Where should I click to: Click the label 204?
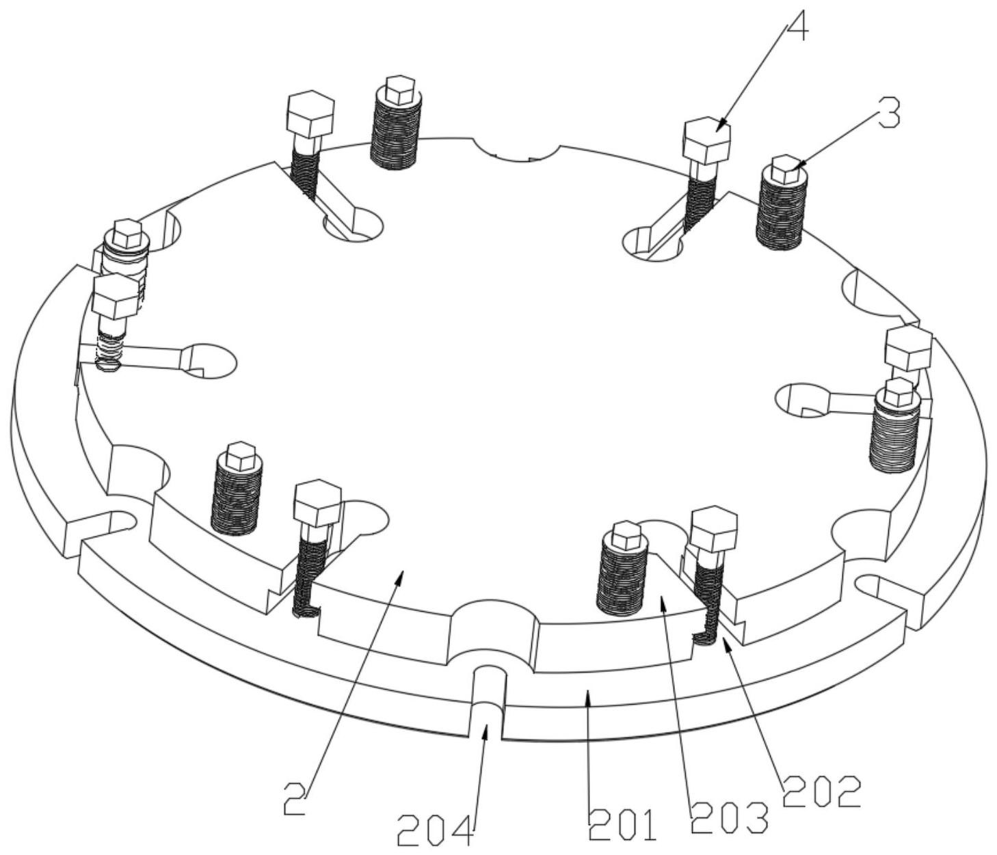coord(435,831)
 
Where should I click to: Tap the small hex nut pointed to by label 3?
coord(786,169)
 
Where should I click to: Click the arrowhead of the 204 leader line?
coord(486,729)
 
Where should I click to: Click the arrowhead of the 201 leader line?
coord(586,693)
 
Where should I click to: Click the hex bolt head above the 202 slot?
coord(715,529)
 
